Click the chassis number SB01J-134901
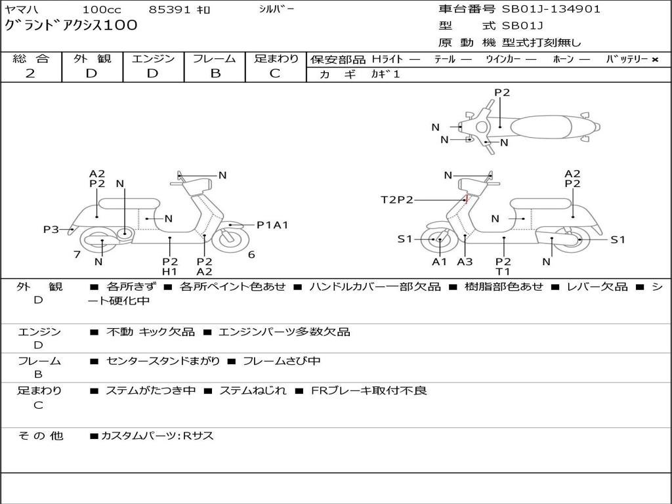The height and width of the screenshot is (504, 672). [x=551, y=9]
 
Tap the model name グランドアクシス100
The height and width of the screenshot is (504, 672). [x=71, y=25]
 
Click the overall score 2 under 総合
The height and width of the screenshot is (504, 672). [x=30, y=73]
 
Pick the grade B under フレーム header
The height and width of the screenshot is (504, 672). [x=215, y=73]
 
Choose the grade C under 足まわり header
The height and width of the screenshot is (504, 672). [x=275, y=73]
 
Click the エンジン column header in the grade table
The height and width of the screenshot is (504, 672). [x=153, y=58]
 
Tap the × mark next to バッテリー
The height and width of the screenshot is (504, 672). [x=655, y=60]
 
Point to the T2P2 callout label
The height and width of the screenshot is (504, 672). [x=397, y=199]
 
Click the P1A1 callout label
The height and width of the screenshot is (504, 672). [x=272, y=225]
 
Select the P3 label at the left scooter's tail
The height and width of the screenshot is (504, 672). [x=51, y=229]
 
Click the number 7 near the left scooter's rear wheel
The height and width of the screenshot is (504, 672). [x=77, y=255]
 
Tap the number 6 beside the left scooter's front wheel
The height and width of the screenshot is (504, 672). [x=251, y=255]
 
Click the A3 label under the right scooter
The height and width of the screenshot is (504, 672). [x=465, y=261]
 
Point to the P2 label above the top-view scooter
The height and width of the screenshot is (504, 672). [x=502, y=92]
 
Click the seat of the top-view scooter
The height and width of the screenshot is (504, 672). [x=541, y=127]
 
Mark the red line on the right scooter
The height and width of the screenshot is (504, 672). [x=466, y=198]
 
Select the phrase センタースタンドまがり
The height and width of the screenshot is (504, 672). [x=163, y=362]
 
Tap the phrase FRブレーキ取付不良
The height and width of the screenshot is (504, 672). [x=369, y=390]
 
